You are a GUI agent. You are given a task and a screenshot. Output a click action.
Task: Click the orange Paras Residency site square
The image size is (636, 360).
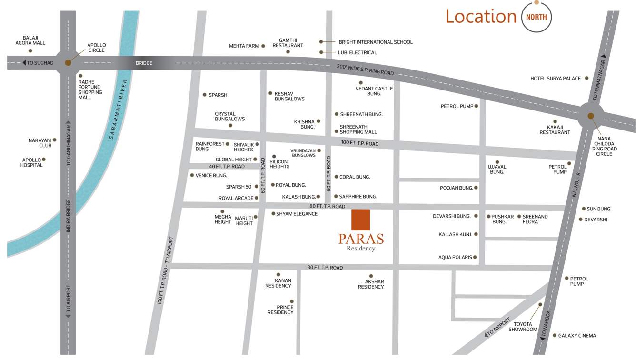click(361, 219)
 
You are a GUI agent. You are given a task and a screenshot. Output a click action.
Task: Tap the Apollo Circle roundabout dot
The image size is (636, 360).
click(68, 62)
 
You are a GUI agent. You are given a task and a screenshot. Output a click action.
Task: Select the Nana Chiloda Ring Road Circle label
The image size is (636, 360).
click(604, 146)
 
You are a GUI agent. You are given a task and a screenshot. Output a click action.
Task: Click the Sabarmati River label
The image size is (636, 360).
click(119, 109)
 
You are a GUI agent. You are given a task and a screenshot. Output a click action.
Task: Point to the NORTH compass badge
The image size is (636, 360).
click(537, 17)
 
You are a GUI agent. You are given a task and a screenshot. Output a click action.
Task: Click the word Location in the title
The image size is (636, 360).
click(481, 17)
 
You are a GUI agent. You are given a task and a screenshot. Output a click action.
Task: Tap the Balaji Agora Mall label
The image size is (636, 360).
click(30, 40)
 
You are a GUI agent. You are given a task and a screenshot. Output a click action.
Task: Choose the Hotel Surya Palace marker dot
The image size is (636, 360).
click(586, 78)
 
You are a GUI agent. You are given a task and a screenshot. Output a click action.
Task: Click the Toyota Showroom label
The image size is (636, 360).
click(523, 327)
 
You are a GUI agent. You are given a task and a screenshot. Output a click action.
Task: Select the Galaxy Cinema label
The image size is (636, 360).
click(577, 336)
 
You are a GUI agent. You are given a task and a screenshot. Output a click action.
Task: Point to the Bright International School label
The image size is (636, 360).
click(376, 42)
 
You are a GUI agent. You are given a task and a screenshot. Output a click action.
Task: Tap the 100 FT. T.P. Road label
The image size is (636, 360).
click(360, 143)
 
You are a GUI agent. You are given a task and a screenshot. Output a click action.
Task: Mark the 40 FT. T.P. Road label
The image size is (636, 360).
click(227, 166)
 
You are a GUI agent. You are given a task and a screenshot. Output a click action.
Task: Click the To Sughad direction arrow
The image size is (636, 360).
click(24, 63)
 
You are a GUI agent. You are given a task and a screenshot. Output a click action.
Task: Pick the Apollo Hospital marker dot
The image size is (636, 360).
click(44, 160)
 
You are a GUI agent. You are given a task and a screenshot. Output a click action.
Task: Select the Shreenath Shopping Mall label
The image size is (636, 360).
click(358, 130)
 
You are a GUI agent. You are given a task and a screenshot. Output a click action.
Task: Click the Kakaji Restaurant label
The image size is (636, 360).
click(555, 130)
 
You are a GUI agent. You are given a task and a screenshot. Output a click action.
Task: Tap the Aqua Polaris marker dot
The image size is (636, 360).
click(475, 257)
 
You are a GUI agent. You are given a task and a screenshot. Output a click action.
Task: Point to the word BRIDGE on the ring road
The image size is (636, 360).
click(144, 63)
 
